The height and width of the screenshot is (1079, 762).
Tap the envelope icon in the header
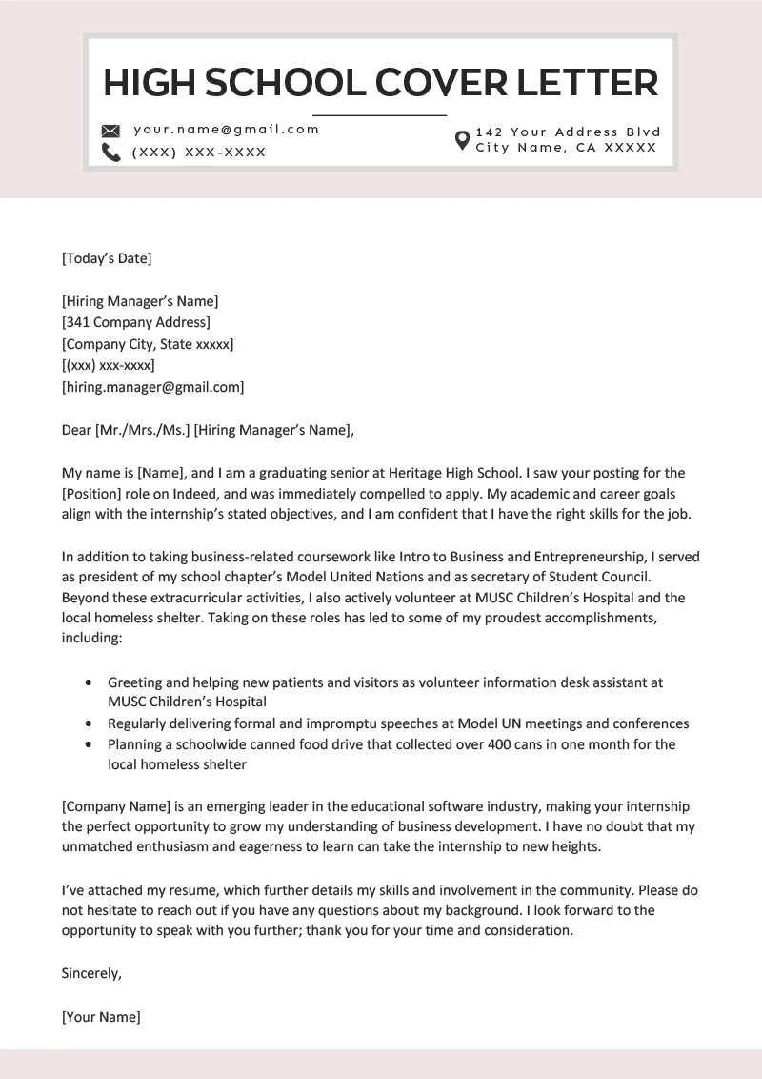tap(111, 131)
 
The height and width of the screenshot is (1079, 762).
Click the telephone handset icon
tap(111, 153)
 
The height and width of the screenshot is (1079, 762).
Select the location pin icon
tap(462, 140)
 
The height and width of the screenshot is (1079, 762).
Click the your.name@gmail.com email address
tap(226, 130)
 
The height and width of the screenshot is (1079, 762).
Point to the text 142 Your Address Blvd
tap(568, 132)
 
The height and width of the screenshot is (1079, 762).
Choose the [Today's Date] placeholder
tap(107, 257)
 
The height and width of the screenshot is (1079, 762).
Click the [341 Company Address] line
tap(136, 322)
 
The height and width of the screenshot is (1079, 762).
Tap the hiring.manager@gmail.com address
tap(153, 387)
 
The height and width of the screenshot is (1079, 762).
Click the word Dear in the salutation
tap(76, 430)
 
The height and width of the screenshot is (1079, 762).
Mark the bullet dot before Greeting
tap(89, 683)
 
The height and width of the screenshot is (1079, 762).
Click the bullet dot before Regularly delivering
tap(89, 724)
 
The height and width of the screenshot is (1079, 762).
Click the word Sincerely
tap(91, 973)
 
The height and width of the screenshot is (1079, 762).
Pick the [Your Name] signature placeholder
tap(101, 1016)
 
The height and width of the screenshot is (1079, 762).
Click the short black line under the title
tap(379, 114)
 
